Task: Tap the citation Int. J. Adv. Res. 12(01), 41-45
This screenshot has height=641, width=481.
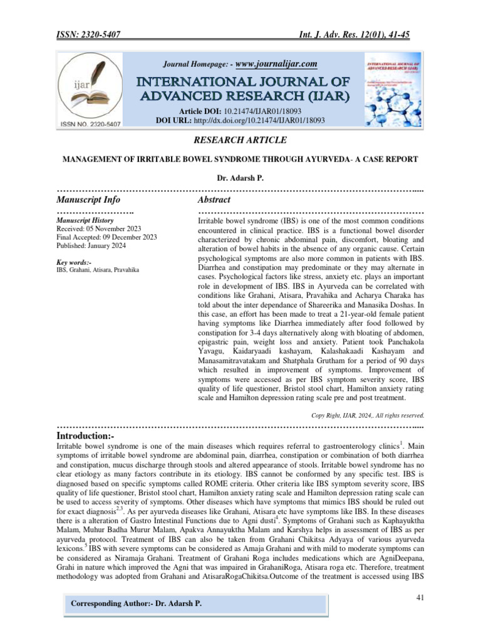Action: point(351,35)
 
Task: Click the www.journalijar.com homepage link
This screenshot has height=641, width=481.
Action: point(276,63)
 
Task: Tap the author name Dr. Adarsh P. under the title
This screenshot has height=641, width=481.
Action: point(240,178)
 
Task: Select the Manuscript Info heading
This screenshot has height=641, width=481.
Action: point(88,200)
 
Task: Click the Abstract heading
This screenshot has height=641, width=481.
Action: point(214,200)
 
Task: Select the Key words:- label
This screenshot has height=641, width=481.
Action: point(74,262)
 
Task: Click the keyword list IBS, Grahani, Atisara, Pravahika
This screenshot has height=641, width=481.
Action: point(98,270)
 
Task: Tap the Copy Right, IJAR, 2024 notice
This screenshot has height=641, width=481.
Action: point(368,414)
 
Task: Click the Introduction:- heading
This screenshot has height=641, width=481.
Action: point(86,434)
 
